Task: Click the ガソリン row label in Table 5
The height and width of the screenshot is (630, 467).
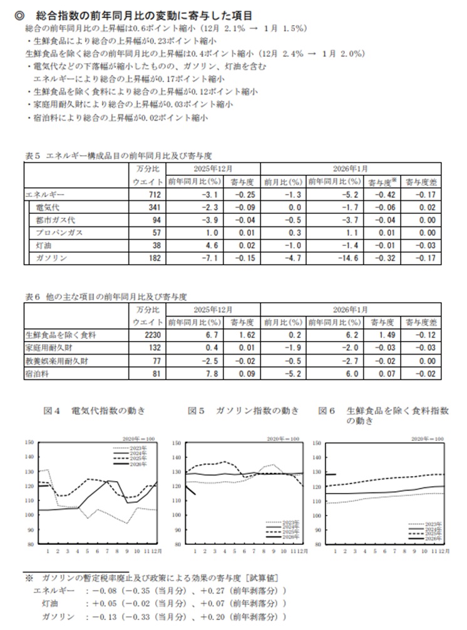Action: [x=49, y=258]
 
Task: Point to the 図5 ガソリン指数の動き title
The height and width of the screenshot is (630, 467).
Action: [x=244, y=411]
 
